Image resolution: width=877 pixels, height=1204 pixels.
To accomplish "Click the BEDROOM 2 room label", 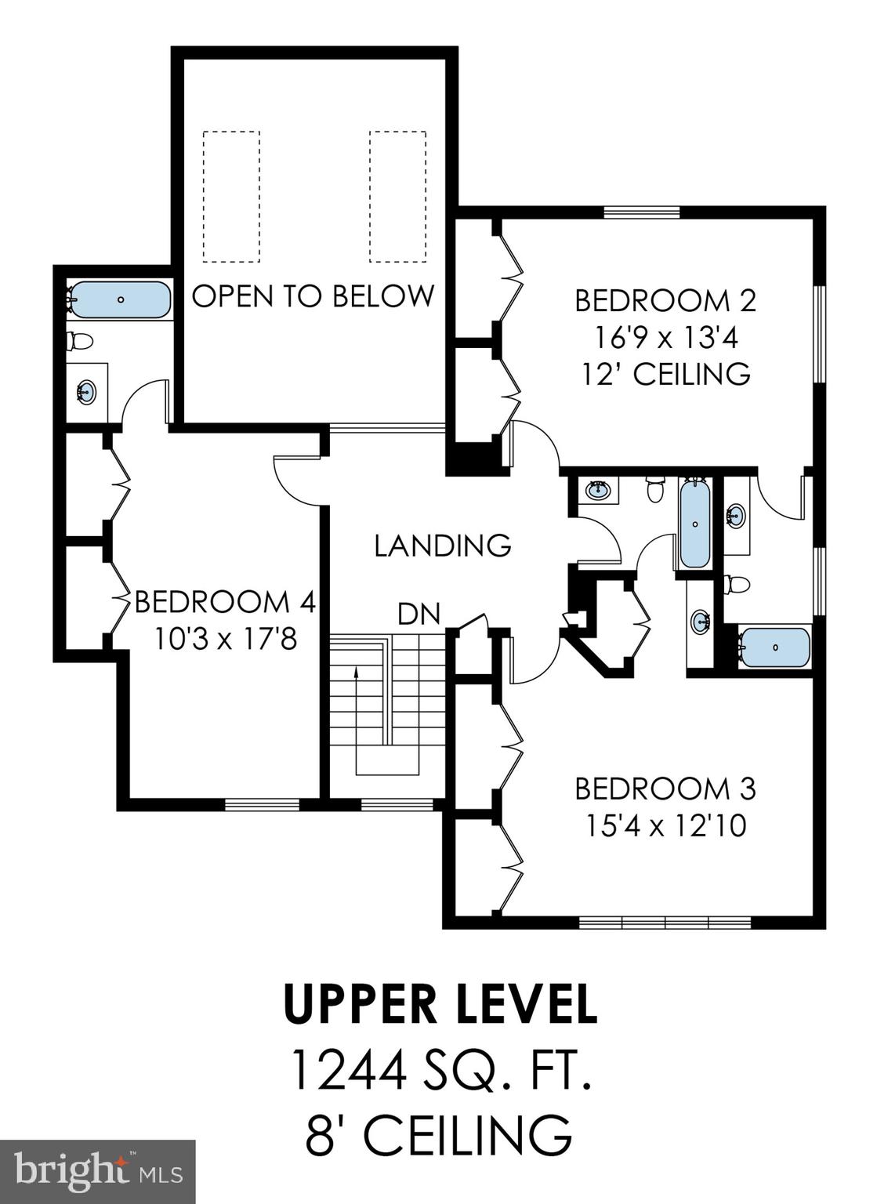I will [665, 300].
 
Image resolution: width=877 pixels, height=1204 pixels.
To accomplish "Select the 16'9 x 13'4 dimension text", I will [665, 338].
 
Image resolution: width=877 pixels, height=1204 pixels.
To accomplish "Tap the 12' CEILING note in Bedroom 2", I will [665, 374].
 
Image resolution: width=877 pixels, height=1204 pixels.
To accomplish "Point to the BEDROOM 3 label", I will [665, 788].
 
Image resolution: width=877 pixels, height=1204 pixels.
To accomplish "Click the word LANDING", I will [442, 545].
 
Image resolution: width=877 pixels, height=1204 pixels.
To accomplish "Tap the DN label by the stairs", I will [419, 614].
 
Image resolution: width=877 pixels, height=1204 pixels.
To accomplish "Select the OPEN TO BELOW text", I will [313, 296].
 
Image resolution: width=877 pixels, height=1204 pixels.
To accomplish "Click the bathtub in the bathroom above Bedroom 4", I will [120, 299].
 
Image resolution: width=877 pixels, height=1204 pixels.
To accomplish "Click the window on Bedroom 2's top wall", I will [641, 211].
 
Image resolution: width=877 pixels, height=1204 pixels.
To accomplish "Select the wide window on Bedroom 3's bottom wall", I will [665, 923].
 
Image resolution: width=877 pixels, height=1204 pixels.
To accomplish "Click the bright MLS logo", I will [97, 1171].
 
